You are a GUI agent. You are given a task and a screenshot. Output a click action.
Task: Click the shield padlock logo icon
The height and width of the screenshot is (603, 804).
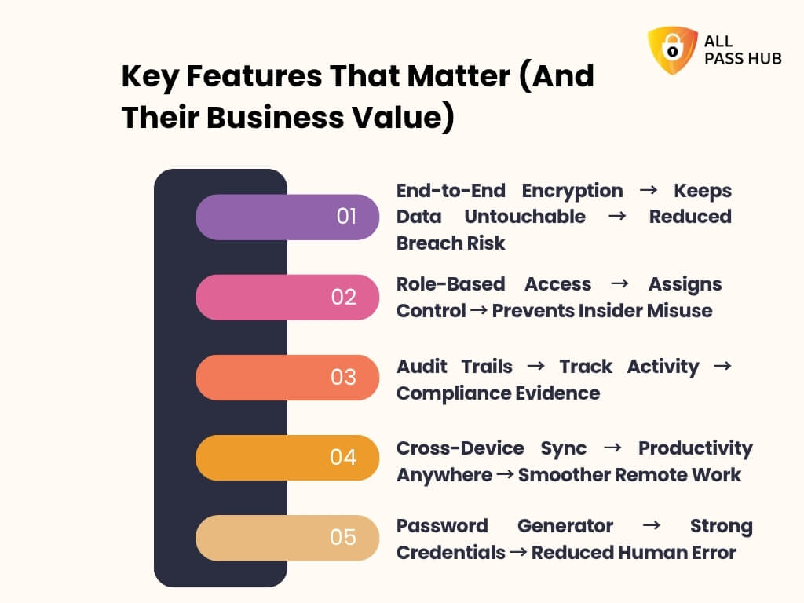(x=672, y=51)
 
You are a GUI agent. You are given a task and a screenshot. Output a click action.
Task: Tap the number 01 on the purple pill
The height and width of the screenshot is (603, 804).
(x=346, y=216)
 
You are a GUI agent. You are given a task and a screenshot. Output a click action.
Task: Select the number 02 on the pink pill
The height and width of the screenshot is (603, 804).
(x=344, y=297)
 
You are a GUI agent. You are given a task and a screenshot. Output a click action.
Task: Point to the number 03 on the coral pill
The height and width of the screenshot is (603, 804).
(x=343, y=377)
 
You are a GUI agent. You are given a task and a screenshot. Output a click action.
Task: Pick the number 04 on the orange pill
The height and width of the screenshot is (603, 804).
(x=343, y=457)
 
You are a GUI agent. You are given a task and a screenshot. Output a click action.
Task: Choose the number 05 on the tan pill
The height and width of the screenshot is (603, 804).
(x=343, y=537)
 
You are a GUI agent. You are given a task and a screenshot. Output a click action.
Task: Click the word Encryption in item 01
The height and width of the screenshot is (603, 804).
(x=572, y=191)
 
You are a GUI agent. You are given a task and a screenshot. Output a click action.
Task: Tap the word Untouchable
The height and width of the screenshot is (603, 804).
(x=524, y=217)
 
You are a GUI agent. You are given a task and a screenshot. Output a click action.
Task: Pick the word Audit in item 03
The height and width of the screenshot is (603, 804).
(x=422, y=367)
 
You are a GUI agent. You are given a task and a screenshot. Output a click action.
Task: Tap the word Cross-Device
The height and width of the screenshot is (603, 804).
(x=460, y=448)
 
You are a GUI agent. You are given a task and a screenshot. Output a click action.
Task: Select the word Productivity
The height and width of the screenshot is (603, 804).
(x=695, y=448)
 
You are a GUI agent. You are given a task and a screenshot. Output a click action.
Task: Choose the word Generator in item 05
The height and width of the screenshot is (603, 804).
(x=565, y=526)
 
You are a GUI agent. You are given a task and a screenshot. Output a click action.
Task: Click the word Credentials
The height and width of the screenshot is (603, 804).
(x=451, y=553)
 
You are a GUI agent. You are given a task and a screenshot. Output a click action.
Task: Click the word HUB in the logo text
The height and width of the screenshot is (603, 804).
(x=762, y=58)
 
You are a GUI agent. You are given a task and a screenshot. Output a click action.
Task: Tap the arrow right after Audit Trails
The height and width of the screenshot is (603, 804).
(x=535, y=367)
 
